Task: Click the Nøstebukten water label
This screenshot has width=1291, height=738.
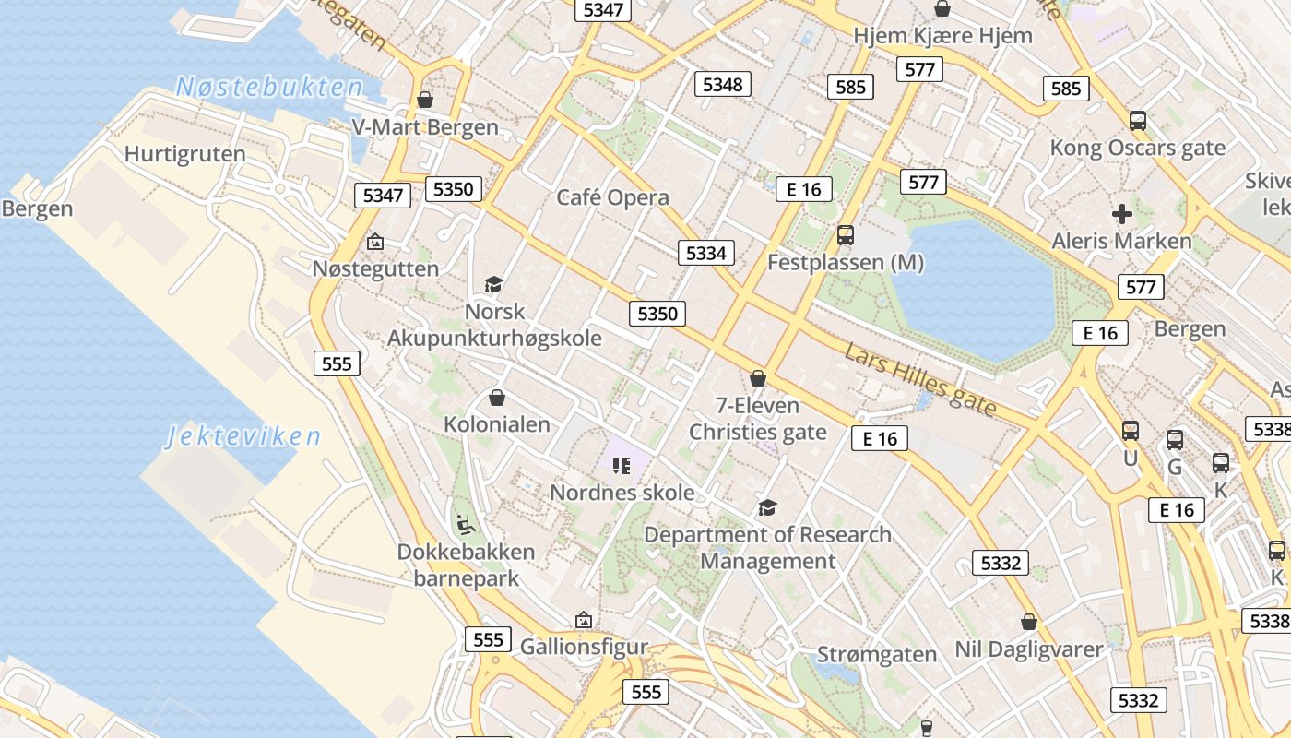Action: click(269, 88)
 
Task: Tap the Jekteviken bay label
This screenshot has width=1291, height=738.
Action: click(243, 436)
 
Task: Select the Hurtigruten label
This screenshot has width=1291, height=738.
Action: click(184, 154)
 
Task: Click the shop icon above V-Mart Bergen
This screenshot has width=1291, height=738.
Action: click(425, 100)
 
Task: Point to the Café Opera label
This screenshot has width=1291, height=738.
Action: click(612, 197)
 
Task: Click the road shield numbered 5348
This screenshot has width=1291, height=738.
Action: click(722, 85)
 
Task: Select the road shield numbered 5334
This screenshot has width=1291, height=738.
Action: click(706, 253)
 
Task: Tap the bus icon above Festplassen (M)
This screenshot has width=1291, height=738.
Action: click(846, 235)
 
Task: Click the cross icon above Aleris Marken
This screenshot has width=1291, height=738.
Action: click(1122, 214)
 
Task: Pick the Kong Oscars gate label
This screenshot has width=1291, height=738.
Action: click(1138, 148)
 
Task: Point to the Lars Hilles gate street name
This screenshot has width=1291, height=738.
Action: click(920, 379)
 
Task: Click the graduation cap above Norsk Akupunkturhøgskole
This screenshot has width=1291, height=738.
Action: click(494, 284)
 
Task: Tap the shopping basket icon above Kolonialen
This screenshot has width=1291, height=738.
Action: click(497, 398)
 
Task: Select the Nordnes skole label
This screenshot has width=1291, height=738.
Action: click(622, 493)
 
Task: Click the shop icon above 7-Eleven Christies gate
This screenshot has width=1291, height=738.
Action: click(758, 378)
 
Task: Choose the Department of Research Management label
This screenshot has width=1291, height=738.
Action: click(767, 548)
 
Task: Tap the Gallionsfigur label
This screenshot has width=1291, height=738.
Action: click(584, 647)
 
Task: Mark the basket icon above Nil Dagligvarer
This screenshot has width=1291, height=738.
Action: click(1029, 623)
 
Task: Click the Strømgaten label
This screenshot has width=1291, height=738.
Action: click(877, 655)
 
